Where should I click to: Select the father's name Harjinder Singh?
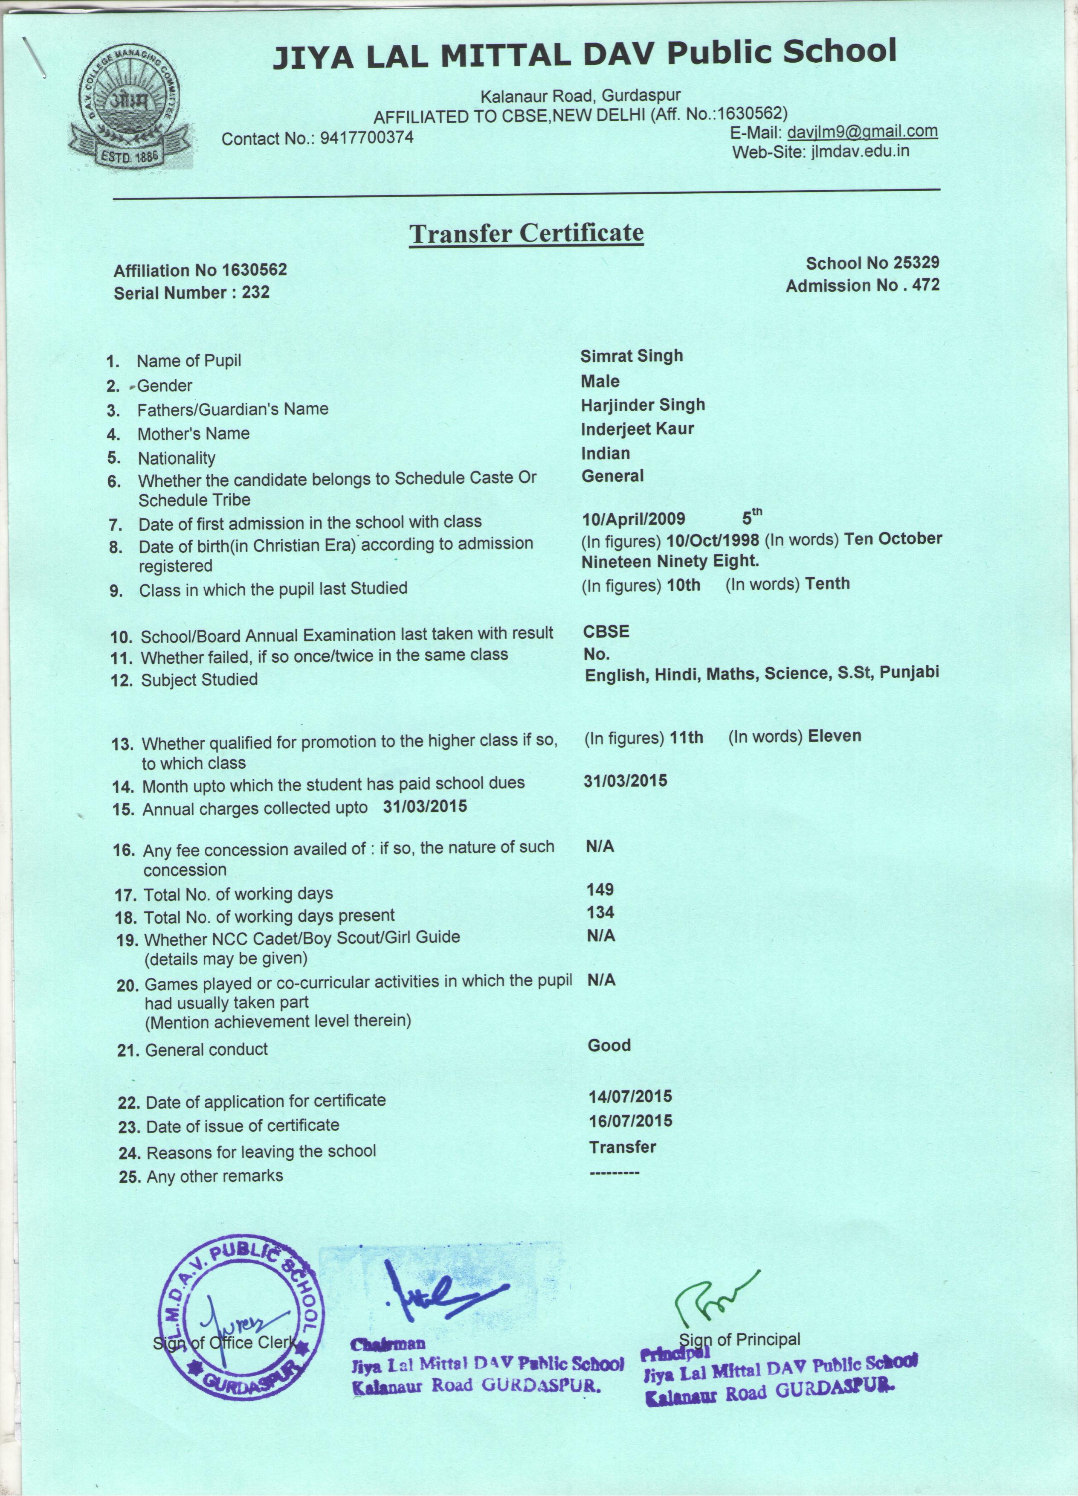pyautogui.click(x=643, y=404)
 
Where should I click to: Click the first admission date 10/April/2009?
pyautogui.click(x=634, y=518)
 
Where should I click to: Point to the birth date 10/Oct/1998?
pyautogui.click(x=712, y=540)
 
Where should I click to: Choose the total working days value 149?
pyautogui.click(x=600, y=890)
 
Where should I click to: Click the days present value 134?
pyautogui.click(x=600, y=912)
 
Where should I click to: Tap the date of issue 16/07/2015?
pyautogui.click(x=630, y=1121)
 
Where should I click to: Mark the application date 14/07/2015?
pyautogui.click(x=630, y=1096)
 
